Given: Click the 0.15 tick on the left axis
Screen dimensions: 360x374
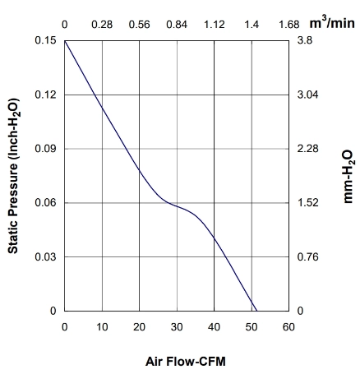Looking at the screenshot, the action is tap(45, 40).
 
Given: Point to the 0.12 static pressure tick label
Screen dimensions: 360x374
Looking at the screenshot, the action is tap(45, 95).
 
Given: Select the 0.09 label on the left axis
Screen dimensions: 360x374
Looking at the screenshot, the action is tap(45, 149).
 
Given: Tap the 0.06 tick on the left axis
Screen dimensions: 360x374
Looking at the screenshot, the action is tap(45, 203).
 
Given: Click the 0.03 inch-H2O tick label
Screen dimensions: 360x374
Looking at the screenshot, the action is tap(45, 256).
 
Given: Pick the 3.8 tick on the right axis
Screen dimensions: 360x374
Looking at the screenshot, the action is tap(305, 40).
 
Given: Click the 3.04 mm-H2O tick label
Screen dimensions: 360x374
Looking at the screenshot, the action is tap(307, 95).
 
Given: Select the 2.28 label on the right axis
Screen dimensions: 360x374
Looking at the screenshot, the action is tap(307, 149).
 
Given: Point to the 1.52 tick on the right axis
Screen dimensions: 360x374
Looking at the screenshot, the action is tap(307, 203).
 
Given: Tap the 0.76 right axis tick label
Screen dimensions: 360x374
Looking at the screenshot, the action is tap(307, 256).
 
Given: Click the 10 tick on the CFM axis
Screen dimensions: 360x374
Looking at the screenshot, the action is tap(102, 327).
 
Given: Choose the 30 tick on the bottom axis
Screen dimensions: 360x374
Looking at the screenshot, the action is tap(177, 327).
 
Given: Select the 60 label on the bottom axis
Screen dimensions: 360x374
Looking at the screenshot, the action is tap(288, 327).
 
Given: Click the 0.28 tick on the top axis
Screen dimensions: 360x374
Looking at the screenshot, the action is tap(102, 25).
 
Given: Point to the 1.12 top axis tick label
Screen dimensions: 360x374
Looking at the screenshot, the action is tap(215, 25).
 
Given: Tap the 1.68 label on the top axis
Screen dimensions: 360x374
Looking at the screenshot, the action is tap(289, 25).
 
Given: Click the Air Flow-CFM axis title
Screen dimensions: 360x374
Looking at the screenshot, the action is tap(186, 362).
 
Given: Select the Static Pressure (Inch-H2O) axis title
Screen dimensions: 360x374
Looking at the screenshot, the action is tap(14, 176).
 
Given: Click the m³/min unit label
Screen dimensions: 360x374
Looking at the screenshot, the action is tap(332, 23).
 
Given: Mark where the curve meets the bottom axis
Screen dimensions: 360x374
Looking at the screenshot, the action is tap(256, 311).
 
